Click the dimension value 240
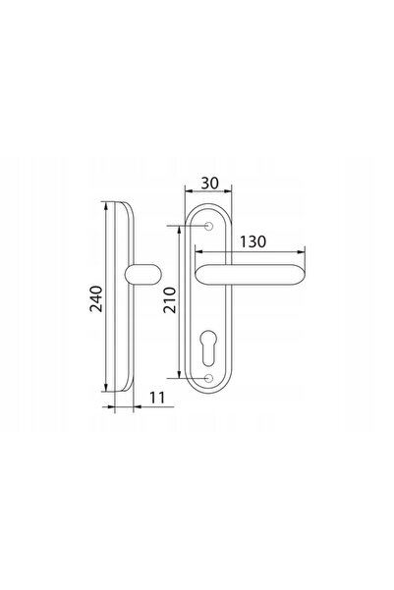tap(96, 298)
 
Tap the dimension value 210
tap(170, 299)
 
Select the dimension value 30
tap(209, 184)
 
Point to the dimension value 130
tap(253, 241)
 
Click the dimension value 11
tap(157, 398)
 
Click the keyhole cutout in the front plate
tap(208, 348)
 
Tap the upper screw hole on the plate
tap(208, 226)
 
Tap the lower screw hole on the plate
tap(208, 378)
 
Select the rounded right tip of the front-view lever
tap(301, 275)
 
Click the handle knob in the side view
tap(142, 274)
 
